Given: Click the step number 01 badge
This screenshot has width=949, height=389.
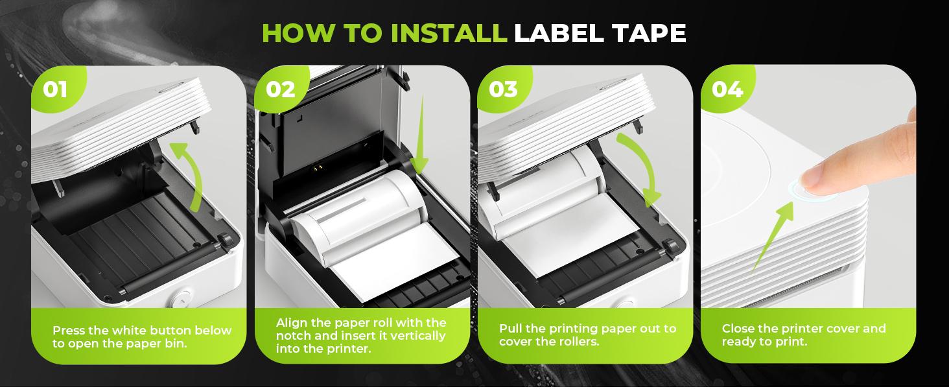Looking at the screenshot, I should (55, 89).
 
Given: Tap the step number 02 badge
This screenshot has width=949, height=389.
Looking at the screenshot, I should (280, 89).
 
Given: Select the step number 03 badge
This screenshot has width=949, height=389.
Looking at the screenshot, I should (503, 89).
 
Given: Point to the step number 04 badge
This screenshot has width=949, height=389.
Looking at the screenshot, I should (727, 89).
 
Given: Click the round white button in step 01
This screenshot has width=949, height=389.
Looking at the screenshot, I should (180, 300).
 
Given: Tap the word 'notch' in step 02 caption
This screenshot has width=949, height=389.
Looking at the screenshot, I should (294, 336).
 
